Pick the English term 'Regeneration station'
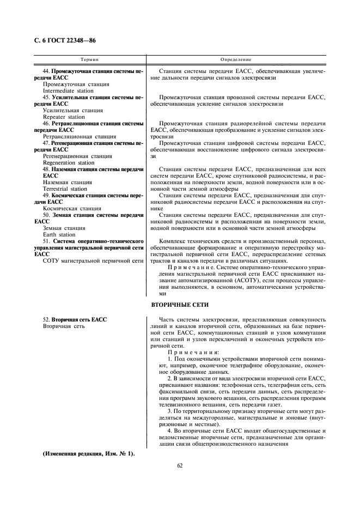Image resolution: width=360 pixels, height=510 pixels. coord(68,162)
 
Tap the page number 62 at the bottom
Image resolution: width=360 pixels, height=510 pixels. coord(180,465)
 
